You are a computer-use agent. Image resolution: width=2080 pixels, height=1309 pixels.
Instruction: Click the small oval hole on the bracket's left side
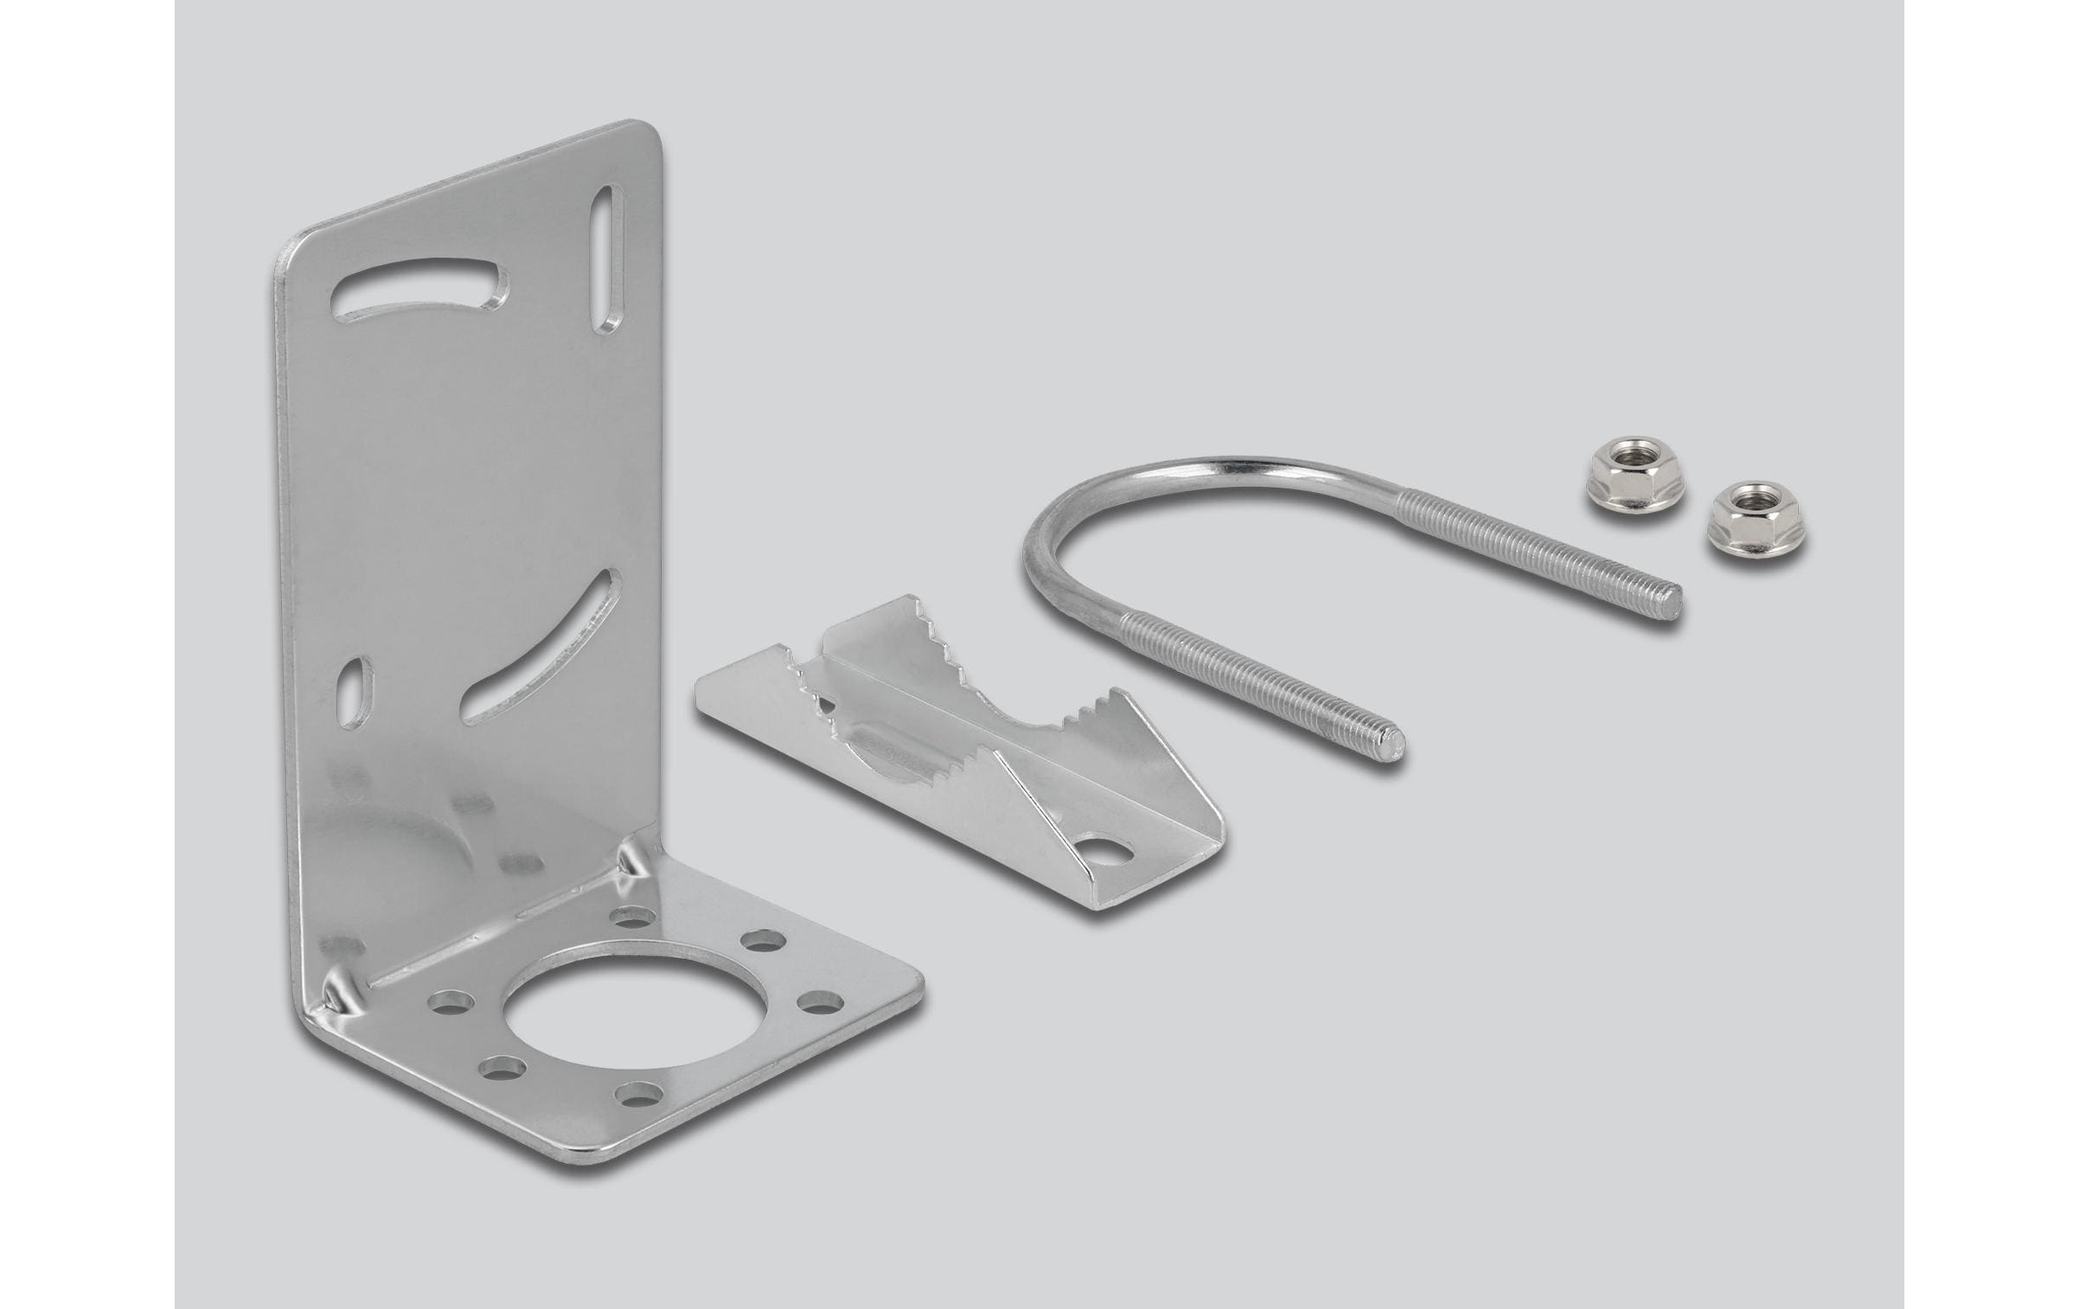point(353,693)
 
